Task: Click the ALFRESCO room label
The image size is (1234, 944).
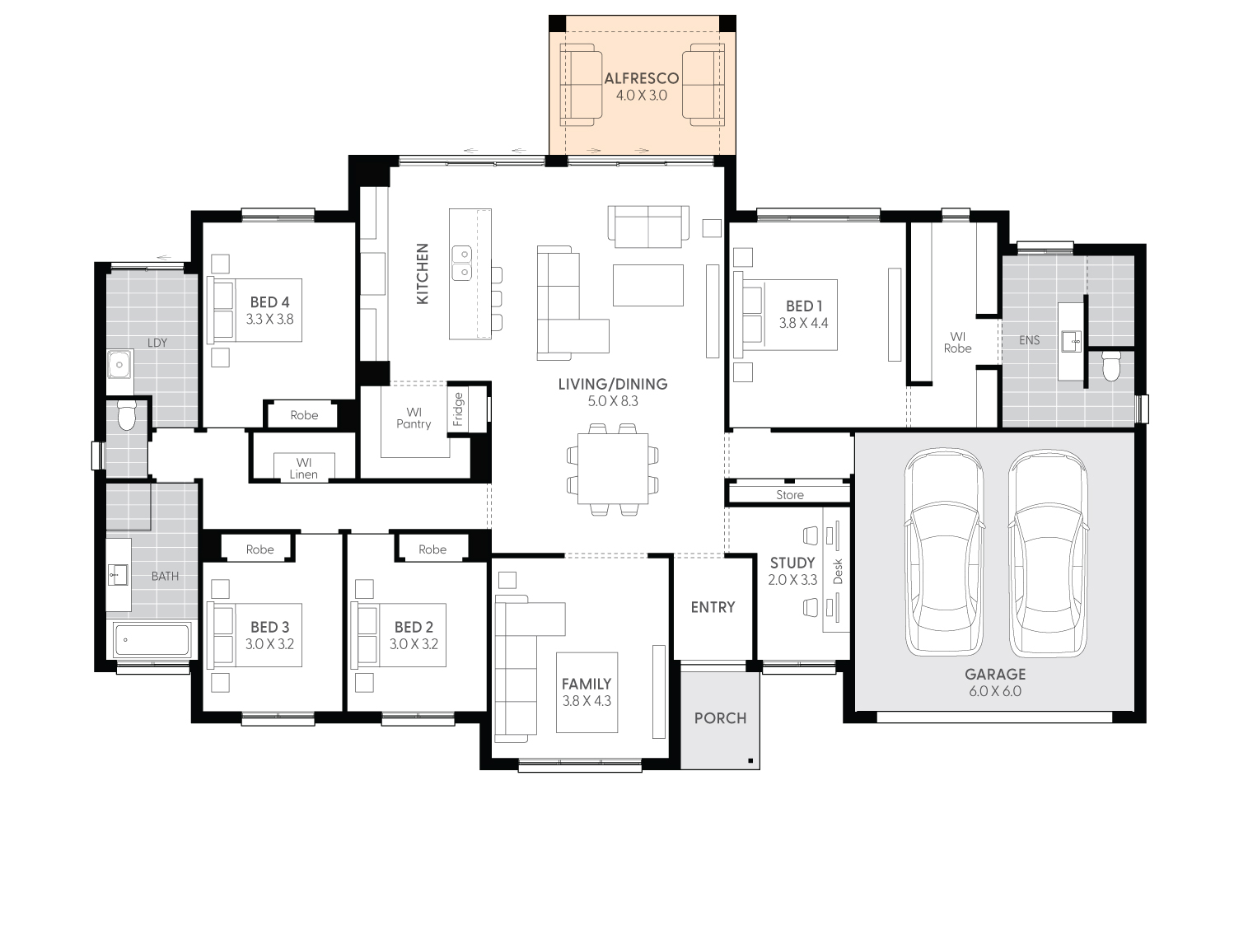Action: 641,79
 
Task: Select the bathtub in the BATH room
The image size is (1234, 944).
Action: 152,638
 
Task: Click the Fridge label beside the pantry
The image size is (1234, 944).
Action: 459,409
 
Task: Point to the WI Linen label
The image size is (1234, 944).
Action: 303,468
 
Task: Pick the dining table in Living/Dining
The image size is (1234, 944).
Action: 612,468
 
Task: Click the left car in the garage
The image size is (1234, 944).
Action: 943,552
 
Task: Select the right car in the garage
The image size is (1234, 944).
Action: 1048,552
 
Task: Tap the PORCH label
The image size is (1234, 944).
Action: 720,718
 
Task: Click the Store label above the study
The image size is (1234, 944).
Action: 789,495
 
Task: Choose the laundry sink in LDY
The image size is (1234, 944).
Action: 120,363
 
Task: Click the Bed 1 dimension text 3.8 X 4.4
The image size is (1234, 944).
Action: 803,324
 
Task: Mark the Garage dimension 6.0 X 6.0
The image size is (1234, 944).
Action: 994,691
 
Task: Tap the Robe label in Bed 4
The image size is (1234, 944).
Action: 304,415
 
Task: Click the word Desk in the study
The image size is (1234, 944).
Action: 838,571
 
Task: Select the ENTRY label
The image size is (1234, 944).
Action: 713,607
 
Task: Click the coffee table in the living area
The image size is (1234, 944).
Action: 647,284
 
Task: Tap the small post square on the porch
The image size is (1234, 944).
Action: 750,760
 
